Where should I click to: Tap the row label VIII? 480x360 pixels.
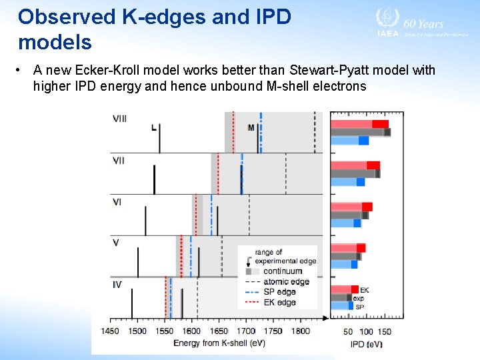[120, 119]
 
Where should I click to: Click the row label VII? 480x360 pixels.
[119, 161]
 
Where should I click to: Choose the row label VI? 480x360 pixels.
[117, 202]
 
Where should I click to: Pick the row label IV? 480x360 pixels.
[117, 285]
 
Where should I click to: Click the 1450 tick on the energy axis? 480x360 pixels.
[111, 331]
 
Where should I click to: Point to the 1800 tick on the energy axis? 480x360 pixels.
[301, 331]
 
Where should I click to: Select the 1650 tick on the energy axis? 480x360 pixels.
[219, 331]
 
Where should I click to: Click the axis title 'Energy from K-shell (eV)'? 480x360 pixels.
[219, 343]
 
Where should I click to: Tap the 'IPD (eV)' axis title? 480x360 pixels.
[366, 344]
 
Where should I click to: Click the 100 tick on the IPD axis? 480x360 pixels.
[366, 332]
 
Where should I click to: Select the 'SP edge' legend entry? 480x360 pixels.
[280, 292]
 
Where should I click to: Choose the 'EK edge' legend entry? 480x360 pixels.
[280, 302]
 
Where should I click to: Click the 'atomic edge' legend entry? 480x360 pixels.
[287, 282]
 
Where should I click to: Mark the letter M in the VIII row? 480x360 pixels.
[251, 127]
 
